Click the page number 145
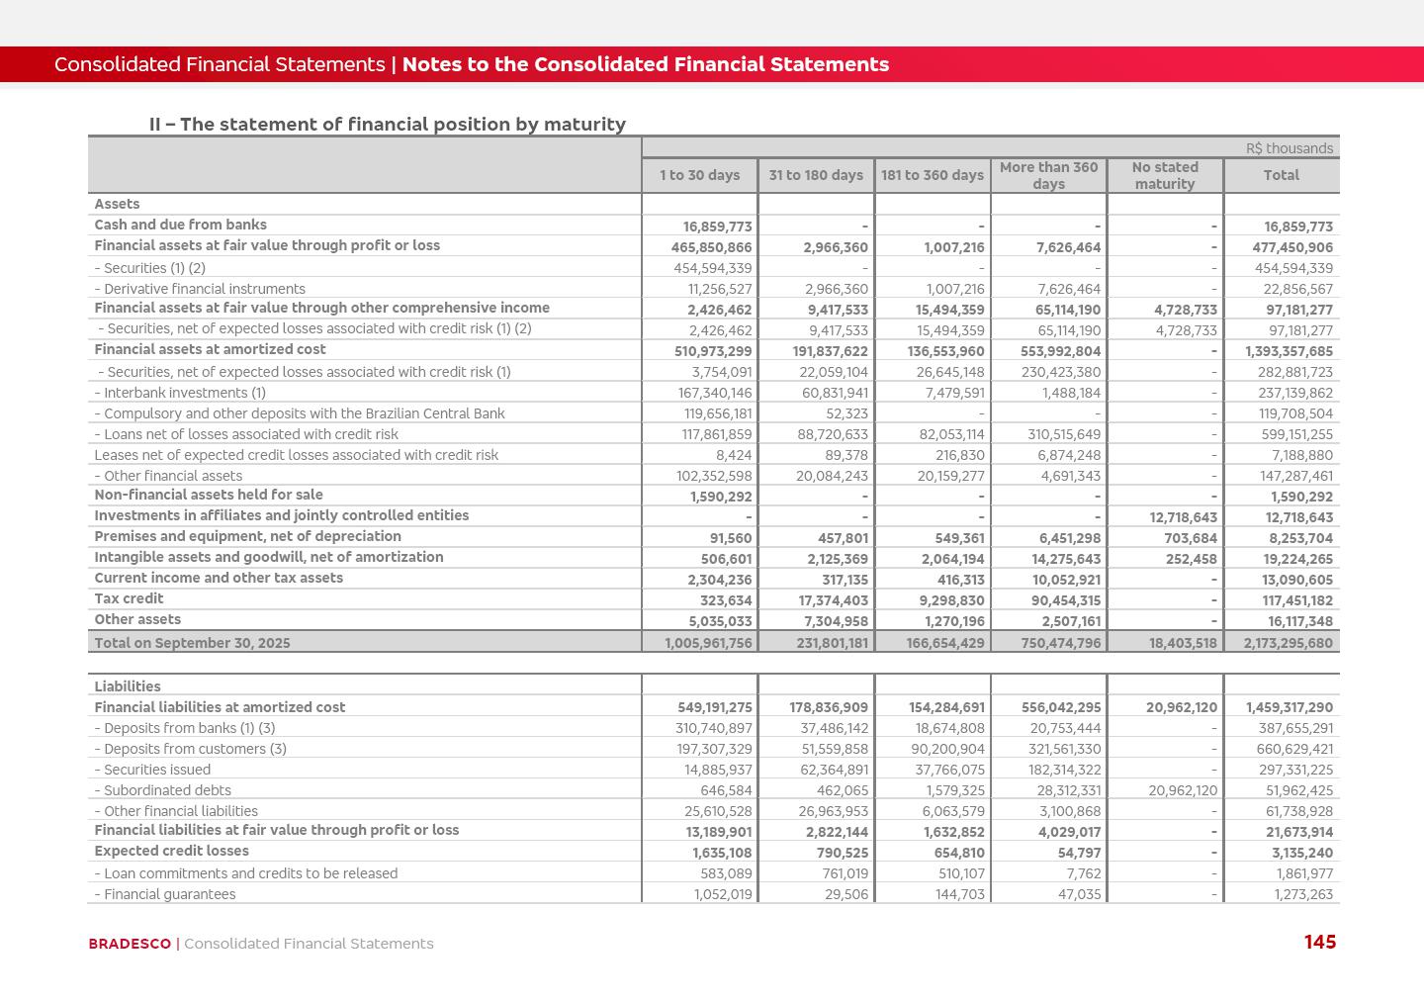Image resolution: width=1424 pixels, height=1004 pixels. pos(1320,943)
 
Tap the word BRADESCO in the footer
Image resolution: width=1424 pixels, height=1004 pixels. pos(130,944)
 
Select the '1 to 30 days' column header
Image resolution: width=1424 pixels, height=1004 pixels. pos(700,175)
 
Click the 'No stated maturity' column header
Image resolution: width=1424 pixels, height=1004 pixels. pos(1165,175)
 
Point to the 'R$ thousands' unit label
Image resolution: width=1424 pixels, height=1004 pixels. pos(1290,148)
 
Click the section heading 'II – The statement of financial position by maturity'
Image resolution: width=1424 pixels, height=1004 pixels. pos(388,125)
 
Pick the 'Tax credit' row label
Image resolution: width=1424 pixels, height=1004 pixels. pos(129,598)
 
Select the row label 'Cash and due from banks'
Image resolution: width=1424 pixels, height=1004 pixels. pos(180,225)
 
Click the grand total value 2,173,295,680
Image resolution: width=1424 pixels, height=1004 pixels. pos(1281,643)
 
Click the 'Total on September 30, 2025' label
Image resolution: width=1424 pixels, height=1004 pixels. pos(192,643)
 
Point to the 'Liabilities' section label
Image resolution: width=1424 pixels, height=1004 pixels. pos(127,686)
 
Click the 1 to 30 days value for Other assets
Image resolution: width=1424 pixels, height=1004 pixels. pos(719,622)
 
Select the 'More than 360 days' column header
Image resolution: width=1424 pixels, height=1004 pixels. pos(1048,175)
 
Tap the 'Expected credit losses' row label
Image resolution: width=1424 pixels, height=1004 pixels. pos(171,851)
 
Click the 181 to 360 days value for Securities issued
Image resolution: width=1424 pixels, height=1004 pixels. pos(949,771)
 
